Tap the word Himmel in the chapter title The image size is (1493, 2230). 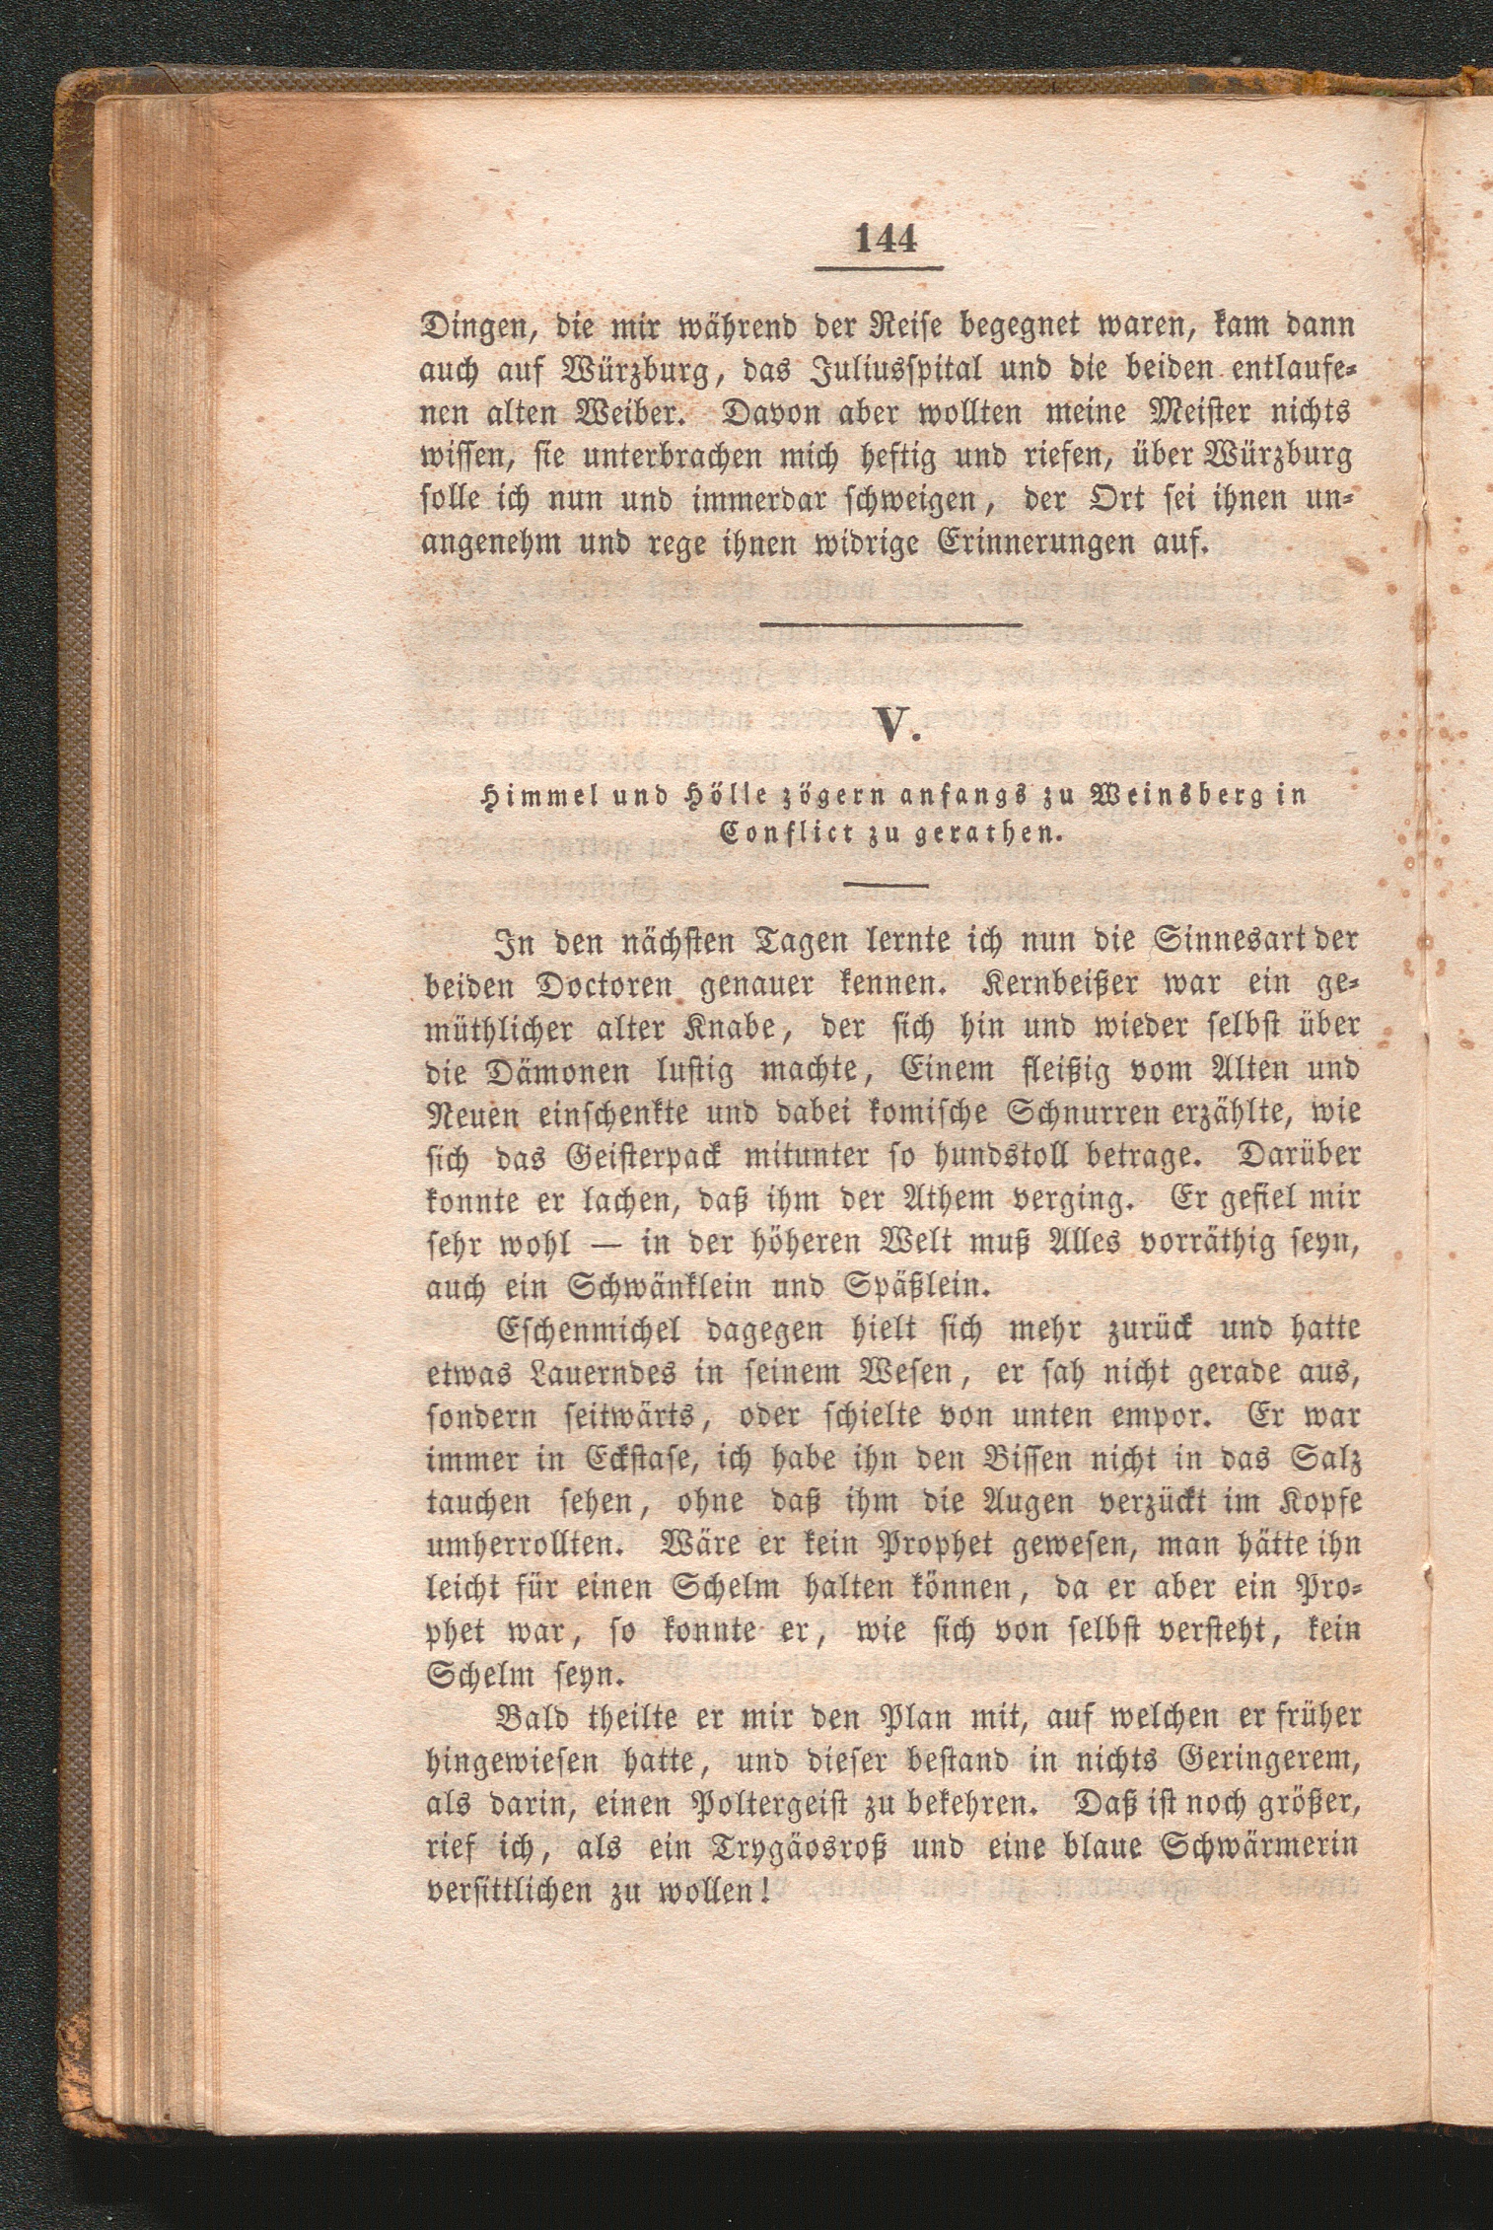pos(526,797)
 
